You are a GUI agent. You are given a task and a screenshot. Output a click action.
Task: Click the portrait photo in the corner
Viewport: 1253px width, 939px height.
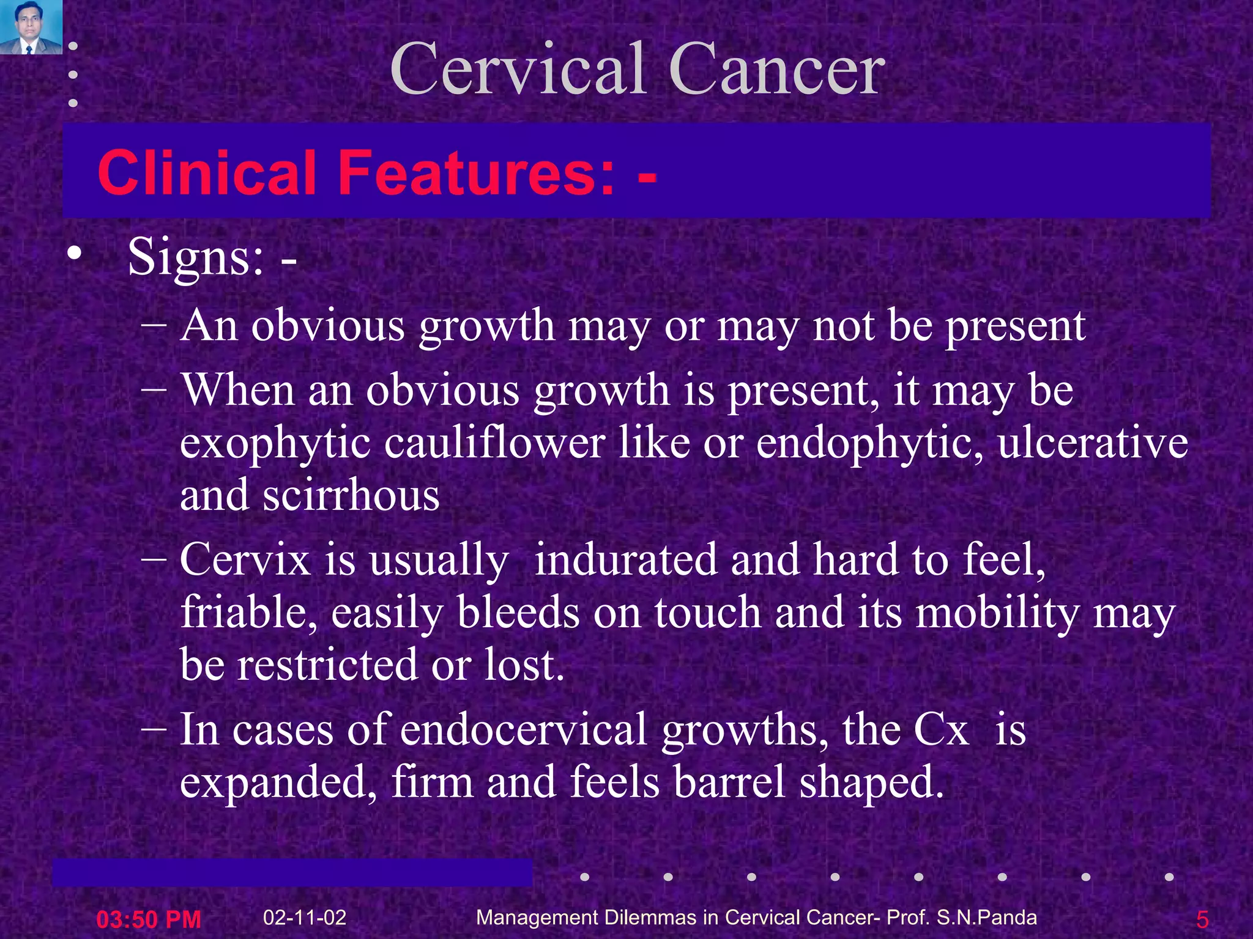(x=31, y=27)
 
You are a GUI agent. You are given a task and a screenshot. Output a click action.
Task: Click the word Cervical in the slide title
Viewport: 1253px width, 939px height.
(x=519, y=68)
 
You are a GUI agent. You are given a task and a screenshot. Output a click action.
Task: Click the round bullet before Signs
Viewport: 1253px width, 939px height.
(x=74, y=252)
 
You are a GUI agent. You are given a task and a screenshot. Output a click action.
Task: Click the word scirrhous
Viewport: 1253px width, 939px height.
(x=351, y=495)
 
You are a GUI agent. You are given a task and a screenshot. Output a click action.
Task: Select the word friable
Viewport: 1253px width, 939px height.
(x=248, y=613)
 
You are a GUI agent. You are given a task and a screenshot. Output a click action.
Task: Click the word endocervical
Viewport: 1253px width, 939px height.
(x=523, y=729)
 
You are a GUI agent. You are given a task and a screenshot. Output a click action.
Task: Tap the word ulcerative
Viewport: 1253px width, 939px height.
(x=1093, y=443)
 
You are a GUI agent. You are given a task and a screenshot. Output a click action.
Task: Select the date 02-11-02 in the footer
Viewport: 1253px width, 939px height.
(x=305, y=917)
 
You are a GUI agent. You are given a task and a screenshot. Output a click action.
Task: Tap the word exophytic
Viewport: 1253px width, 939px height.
(x=275, y=443)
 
